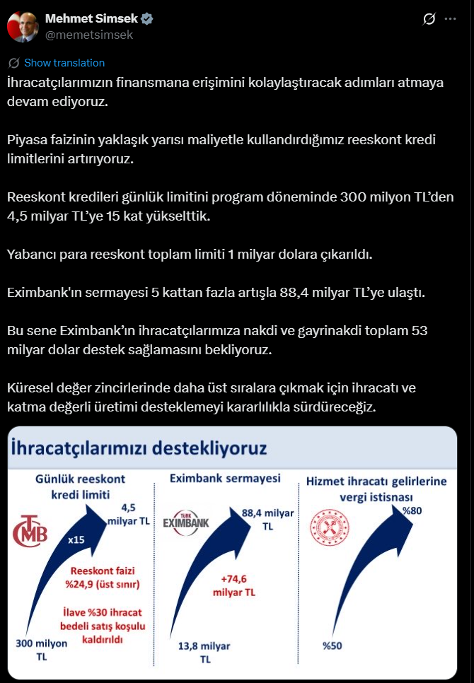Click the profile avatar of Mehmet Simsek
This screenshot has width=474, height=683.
[x=22, y=26]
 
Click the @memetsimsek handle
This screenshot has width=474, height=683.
[x=88, y=34]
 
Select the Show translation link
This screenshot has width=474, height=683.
[x=64, y=62]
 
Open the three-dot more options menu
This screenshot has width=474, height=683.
[x=451, y=19]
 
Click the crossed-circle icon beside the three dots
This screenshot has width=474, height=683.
[x=427, y=19]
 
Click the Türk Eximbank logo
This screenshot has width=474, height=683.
[x=190, y=522]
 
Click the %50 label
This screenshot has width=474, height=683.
[x=333, y=646]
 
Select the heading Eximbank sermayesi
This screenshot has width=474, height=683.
[x=225, y=479]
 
